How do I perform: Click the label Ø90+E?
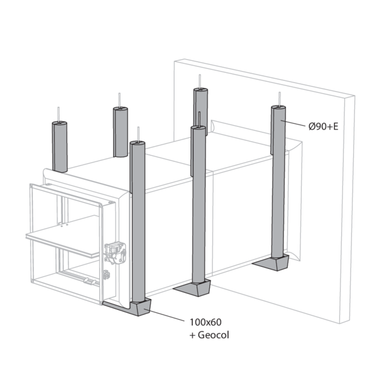324,126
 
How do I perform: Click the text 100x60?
205,322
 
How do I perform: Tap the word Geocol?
213,335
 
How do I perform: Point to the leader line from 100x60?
167,315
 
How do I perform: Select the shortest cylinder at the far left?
60,146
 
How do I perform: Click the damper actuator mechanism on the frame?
115,253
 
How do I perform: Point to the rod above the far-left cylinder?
58,114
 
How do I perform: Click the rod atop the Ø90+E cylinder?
280,99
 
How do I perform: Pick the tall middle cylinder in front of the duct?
199,204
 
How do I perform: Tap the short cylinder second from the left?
121,132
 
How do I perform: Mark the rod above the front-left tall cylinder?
138,134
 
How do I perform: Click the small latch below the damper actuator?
106,275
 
